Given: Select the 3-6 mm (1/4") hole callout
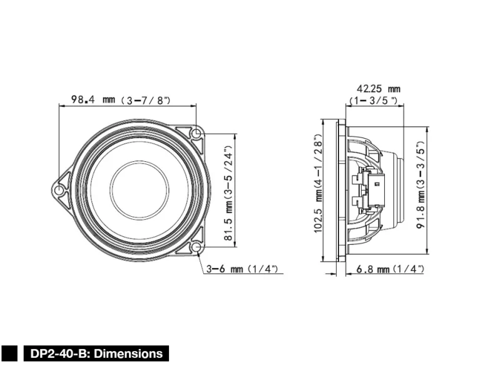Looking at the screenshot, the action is pyautogui.click(x=243, y=269).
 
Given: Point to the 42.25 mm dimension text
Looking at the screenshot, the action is pyautogui.click(x=378, y=89).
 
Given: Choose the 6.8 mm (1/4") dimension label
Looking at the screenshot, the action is pyautogui.click(x=390, y=269).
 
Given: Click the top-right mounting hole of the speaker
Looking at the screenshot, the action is pyautogui.click(x=196, y=134).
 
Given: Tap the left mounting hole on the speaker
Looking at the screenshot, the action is pyautogui.click(x=59, y=190).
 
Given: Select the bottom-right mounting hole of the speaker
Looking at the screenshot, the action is pyautogui.click(x=196, y=247).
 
